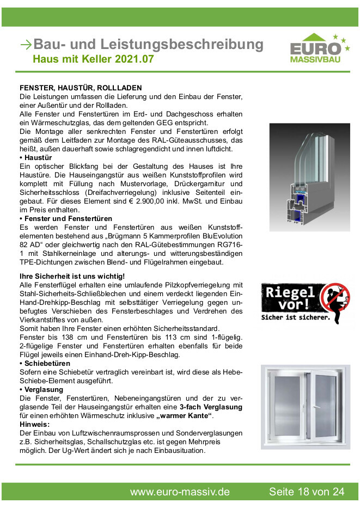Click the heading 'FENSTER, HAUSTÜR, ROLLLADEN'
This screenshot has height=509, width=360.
[x=81, y=87]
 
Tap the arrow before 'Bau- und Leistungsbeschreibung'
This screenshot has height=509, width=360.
[x=26, y=45]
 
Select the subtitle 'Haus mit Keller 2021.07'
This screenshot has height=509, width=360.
[x=93, y=59]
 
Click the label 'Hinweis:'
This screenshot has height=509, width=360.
[x=35, y=425]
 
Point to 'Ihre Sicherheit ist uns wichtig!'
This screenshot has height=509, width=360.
[x=72, y=276]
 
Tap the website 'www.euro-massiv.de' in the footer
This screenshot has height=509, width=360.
[x=180, y=492]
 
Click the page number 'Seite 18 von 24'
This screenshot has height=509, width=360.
[x=307, y=492]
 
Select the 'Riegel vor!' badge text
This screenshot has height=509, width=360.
[x=288, y=297]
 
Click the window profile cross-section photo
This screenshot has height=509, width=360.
[x=309, y=176]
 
